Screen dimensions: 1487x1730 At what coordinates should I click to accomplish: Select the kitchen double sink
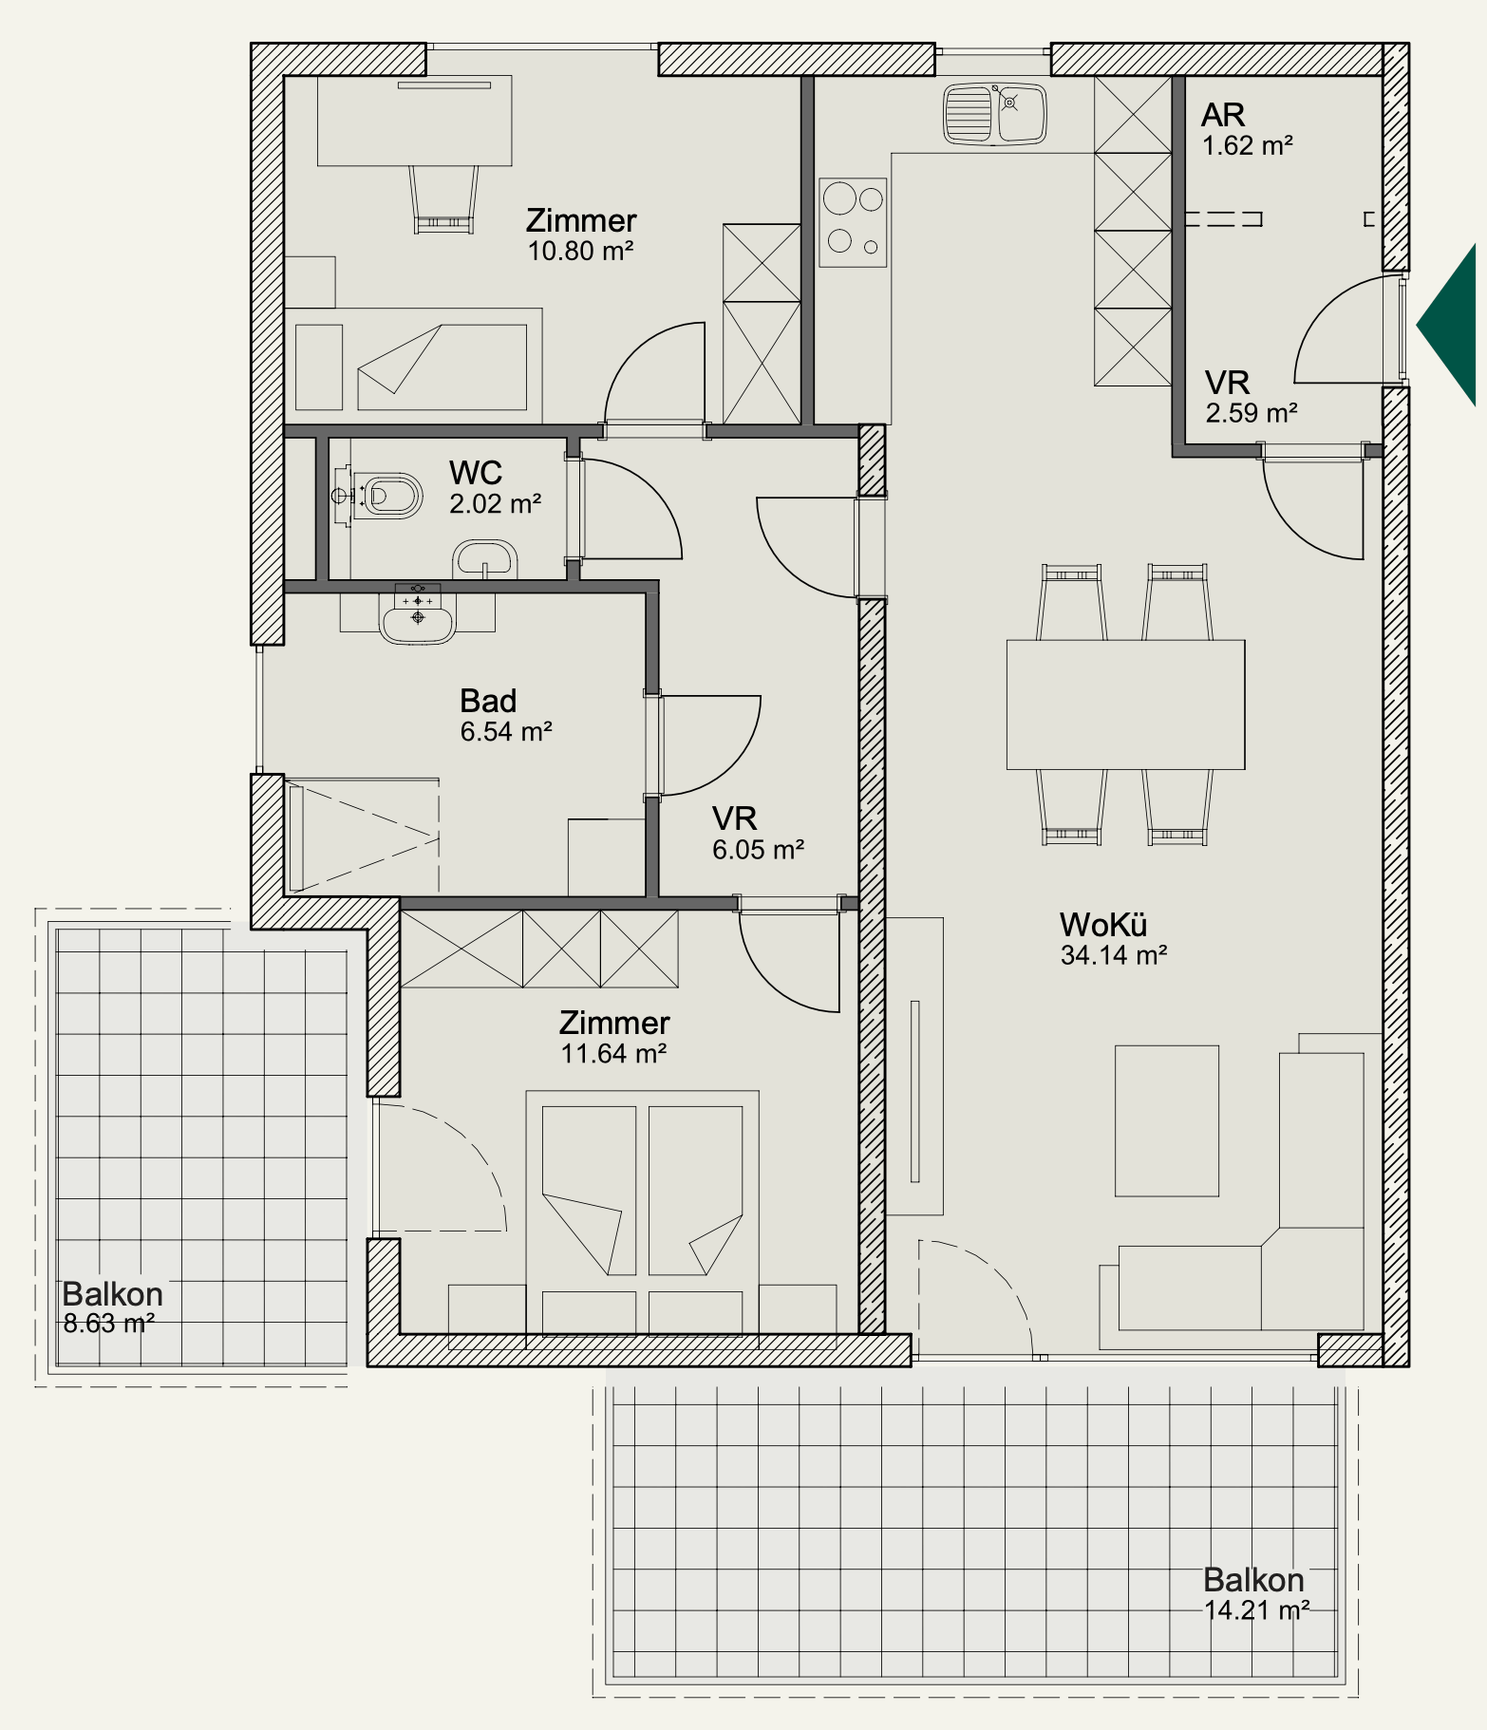[994, 114]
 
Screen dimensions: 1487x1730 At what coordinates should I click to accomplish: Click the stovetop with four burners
[853, 222]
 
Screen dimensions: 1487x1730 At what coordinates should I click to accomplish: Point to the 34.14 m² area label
[1113, 955]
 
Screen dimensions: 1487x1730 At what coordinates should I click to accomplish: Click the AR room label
[1223, 115]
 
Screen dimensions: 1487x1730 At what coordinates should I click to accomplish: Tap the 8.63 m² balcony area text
[109, 1323]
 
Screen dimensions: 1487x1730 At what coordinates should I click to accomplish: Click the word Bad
[488, 701]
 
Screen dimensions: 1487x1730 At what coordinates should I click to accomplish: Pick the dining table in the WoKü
[1125, 705]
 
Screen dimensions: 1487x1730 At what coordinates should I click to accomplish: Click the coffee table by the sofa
[1166, 1120]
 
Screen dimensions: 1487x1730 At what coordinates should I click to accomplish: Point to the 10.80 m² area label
[580, 251]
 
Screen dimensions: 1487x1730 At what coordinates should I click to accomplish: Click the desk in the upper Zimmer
[414, 121]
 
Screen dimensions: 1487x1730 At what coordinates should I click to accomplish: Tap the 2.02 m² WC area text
[495, 503]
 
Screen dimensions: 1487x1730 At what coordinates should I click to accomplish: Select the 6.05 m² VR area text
[759, 850]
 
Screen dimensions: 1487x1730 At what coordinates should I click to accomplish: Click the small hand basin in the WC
[485, 558]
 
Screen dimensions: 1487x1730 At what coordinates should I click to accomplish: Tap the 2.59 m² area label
[1252, 413]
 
